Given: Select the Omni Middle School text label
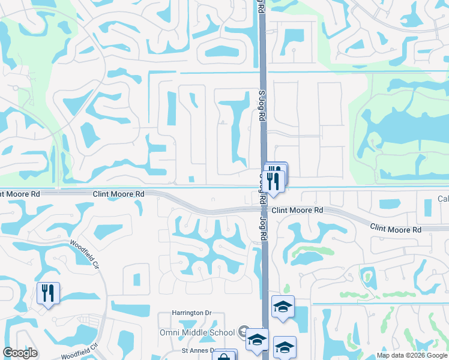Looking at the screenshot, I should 197,332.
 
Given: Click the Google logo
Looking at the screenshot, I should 20,353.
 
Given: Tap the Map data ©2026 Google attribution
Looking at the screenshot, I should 412,355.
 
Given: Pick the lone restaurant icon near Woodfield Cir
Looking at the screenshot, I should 48,293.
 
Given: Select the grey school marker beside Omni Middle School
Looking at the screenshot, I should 243,331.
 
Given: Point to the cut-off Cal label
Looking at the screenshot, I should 443,199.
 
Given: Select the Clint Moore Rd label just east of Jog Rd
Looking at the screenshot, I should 297,211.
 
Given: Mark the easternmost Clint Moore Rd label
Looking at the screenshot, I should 396,228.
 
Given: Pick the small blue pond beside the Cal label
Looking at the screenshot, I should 427,208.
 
